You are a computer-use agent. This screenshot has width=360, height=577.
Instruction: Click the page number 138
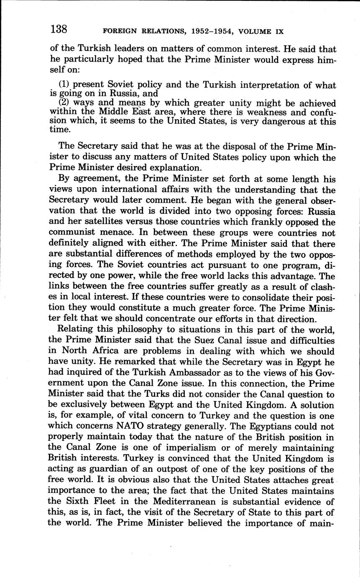[x=59, y=29]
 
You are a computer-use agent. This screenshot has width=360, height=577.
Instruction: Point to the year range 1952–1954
[x=209, y=31]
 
